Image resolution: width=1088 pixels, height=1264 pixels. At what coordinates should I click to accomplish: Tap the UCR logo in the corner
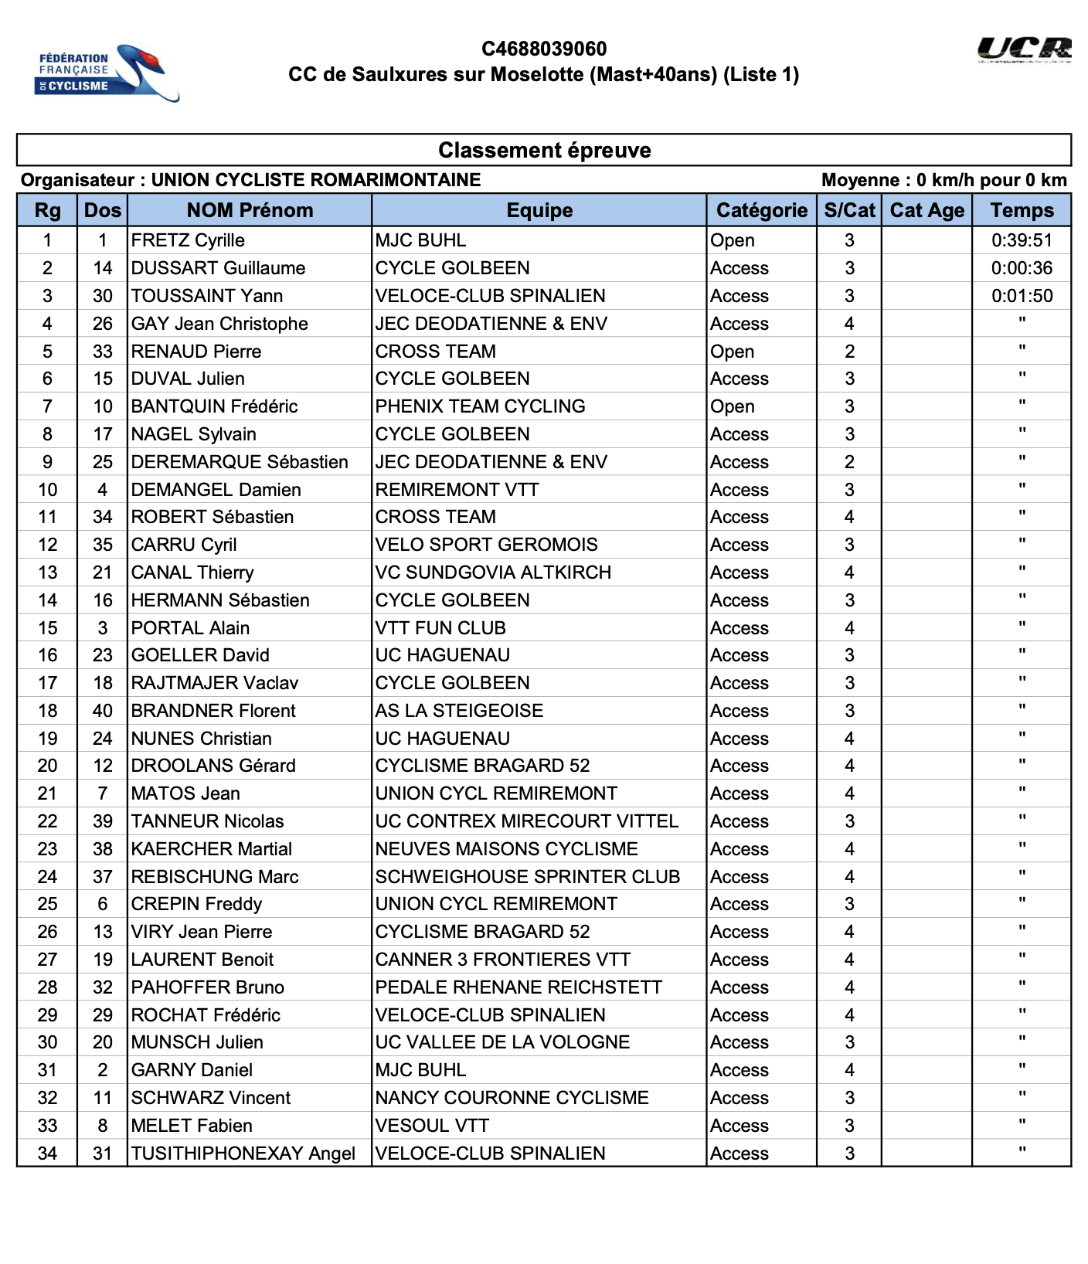[x=1024, y=49]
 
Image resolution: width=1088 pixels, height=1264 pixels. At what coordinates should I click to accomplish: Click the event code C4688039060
[x=544, y=49]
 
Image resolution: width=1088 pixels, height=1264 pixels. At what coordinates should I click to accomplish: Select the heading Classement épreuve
[x=544, y=150]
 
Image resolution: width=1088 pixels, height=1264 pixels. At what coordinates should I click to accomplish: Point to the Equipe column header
[x=539, y=210]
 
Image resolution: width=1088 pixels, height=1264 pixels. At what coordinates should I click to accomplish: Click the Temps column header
[x=1022, y=210]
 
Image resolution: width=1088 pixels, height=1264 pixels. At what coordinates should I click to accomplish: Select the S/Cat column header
[x=849, y=210]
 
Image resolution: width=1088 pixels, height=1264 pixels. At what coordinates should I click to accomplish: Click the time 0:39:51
[x=1022, y=240]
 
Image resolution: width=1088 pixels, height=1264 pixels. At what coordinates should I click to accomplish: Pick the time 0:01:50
[x=1022, y=296]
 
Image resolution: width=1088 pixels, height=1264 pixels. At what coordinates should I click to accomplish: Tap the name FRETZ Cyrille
[x=188, y=240]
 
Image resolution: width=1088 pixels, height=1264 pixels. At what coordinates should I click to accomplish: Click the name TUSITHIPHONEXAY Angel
[x=243, y=1154]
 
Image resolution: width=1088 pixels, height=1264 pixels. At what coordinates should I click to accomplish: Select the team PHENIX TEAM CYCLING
[x=480, y=406]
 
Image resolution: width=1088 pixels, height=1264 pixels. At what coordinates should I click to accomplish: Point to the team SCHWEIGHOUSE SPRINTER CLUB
[x=527, y=877]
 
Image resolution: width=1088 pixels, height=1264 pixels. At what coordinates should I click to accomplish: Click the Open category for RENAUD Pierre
[x=733, y=352]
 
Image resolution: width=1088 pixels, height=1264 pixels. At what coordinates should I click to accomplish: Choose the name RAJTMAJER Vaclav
[x=215, y=683]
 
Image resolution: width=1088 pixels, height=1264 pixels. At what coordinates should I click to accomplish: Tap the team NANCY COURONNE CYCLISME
[x=512, y=1098]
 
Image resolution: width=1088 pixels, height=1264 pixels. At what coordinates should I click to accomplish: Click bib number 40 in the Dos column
[x=103, y=711]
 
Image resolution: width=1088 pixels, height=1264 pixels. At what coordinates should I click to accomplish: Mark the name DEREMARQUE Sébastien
[x=240, y=462]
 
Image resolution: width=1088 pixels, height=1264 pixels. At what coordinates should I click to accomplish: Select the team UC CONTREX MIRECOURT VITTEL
[x=526, y=821]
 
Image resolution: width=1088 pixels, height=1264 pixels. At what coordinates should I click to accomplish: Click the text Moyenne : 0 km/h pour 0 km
[x=943, y=180]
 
